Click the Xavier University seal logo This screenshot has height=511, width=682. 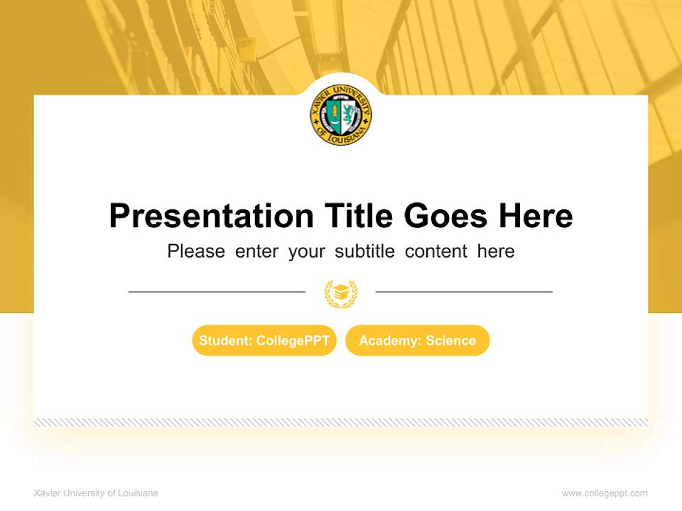(341, 115)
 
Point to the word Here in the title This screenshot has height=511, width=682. (535, 216)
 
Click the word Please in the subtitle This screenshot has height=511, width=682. (196, 251)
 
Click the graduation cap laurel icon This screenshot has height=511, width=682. (341, 292)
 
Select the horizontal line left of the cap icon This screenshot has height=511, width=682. (217, 291)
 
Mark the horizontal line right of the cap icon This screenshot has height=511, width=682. (464, 291)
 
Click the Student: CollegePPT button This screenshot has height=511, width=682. (264, 341)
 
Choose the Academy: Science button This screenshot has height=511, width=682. (418, 341)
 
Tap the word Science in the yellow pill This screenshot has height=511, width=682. (450, 341)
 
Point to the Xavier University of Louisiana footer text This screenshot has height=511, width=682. (96, 493)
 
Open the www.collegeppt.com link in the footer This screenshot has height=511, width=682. (605, 493)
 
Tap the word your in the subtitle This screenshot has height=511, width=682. (306, 251)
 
